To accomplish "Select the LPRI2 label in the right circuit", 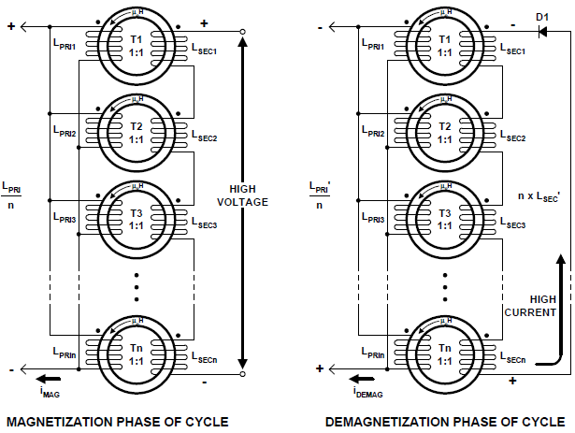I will [x=372, y=133].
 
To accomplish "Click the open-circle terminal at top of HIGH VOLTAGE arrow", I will [x=242, y=31].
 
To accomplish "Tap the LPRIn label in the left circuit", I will [x=64, y=354].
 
